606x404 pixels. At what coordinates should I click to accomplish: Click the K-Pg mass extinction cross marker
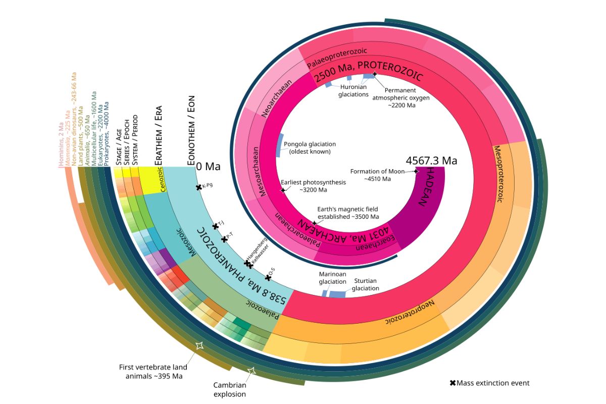[x=199, y=187]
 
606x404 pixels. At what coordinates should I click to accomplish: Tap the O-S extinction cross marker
[x=268, y=277]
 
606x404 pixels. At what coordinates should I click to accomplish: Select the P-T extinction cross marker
[x=224, y=239]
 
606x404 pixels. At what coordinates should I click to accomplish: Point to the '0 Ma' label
[x=209, y=166]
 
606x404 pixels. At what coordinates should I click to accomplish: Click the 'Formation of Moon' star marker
[x=416, y=171]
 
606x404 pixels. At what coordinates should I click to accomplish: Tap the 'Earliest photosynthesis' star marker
[x=283, y=190]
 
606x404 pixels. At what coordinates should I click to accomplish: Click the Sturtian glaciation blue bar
[x=337, y=294]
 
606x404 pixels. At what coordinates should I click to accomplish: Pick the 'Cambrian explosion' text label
[x=230, y=389]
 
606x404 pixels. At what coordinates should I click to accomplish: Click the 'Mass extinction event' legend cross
[x=452, y=383]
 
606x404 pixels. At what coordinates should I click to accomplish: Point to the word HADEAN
[x=427, y=188]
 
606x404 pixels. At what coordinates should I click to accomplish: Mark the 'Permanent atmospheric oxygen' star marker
[x=374, y=75]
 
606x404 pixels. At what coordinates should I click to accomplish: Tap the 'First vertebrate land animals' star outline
[x=199, y=345]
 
